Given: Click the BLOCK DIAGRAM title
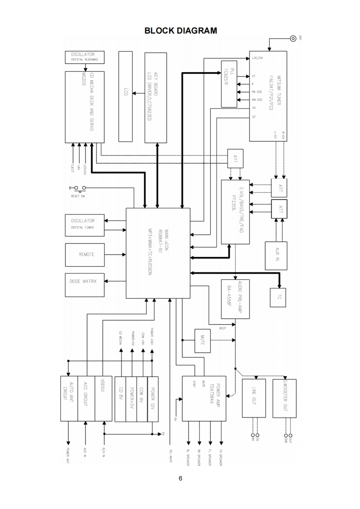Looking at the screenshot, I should click(180, 31).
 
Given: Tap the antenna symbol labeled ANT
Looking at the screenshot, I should click(293, 38).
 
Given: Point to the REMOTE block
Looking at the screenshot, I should click(86, 254).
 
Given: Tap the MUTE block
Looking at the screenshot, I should click(202, 340).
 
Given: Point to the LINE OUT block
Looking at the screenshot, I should click(254, 397).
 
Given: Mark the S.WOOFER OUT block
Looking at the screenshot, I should click(285, 397).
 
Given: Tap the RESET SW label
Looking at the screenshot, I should click(78, 196).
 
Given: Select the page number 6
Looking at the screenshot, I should click(180, 478).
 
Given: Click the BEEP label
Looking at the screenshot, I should click(222, 328).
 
